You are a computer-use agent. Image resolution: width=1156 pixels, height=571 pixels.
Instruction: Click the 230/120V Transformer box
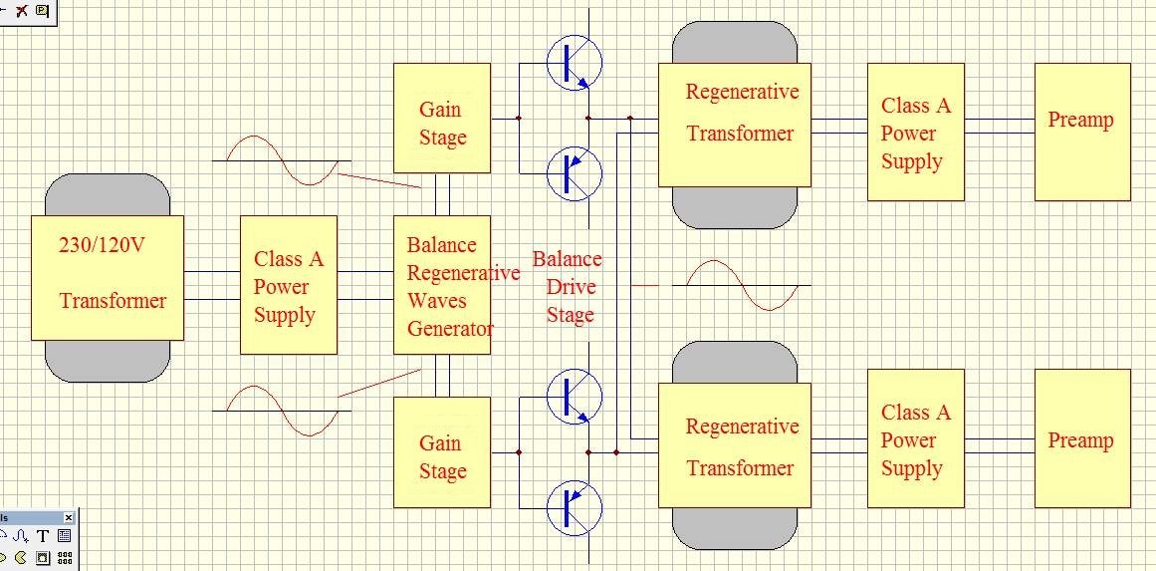click(x=107, y=277)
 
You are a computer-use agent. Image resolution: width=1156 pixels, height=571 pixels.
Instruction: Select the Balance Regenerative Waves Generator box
click(x=442, y=285)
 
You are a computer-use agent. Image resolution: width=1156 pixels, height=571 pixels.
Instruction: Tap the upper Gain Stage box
click(x=442, y=119)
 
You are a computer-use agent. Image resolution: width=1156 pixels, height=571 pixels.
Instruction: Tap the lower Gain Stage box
click(x=442, y=452)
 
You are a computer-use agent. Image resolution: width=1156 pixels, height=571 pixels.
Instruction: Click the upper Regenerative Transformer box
click(x=735, y=124)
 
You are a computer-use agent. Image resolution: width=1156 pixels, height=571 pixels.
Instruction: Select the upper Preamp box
click(x=1082, y=133)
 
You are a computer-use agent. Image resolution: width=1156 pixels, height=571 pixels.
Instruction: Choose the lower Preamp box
click(x=1082, y=438)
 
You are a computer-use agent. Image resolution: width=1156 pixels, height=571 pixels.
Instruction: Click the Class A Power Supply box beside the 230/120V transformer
click(x=289, y=285)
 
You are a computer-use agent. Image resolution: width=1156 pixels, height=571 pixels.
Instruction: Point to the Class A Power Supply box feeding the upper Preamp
click(x=915, y=133)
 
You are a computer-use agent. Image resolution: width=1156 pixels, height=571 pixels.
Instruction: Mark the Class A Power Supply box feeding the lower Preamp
click(x=915, y=438)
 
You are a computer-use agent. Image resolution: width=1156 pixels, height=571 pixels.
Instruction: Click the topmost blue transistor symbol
click(x=575, y=63)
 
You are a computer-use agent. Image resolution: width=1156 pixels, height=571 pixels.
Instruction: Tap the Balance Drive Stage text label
click(x=568, y=287)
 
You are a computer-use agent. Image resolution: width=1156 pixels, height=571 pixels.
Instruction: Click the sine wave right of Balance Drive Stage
click(x=742, y=285)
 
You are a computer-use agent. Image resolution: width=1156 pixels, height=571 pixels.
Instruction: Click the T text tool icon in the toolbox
click(x=43, y=536)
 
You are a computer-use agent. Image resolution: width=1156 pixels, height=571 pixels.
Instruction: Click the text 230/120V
click(x=102, y=244)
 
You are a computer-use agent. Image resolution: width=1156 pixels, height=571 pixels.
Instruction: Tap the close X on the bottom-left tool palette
click(x=69, y=518)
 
